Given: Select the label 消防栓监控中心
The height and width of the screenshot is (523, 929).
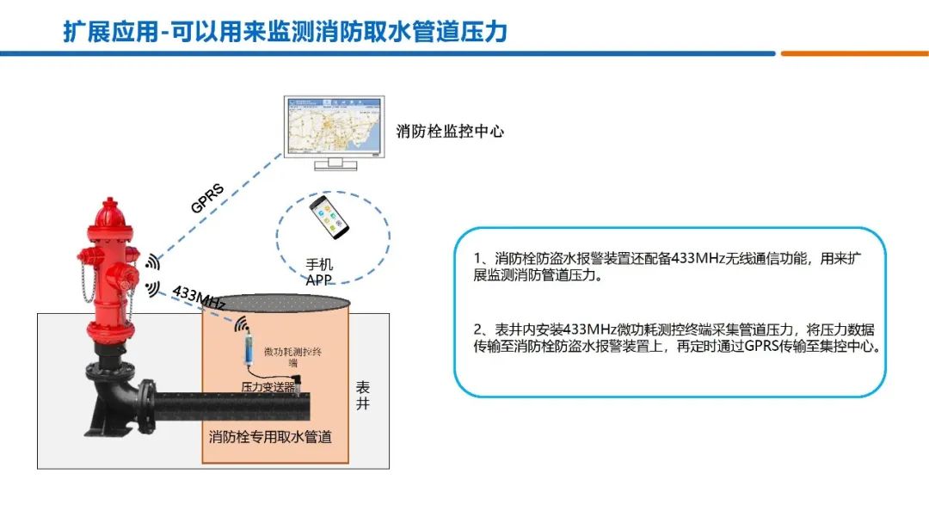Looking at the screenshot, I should coord(450,132).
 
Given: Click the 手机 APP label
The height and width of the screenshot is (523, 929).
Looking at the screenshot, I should coord(319,271).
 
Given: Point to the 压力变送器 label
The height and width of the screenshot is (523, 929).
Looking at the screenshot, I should coord(267,388).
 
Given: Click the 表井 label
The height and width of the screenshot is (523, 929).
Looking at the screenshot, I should coord(362,396).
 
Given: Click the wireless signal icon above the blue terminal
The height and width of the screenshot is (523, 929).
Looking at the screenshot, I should coord(243,325).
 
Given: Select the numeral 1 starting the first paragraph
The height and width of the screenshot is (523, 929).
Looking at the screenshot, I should coord(478,258).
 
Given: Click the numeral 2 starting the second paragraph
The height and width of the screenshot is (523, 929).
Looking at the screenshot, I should coord(478,329).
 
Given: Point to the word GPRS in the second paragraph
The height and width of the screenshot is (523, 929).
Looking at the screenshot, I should coord(762,347).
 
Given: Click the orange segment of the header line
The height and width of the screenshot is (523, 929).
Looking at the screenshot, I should coord(854,53).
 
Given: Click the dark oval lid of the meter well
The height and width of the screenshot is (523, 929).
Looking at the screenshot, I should coord(276,303).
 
